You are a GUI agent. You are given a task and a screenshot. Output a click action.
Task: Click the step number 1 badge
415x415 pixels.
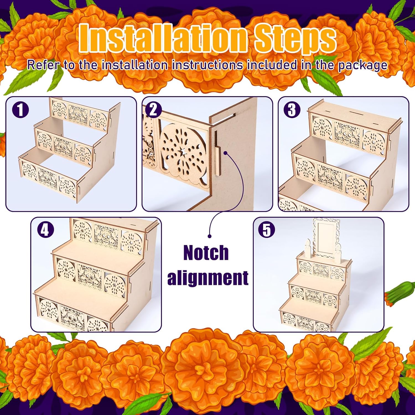20,110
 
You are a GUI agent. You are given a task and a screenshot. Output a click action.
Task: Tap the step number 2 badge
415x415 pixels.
153,110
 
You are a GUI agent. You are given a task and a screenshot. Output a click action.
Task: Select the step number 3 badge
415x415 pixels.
292,110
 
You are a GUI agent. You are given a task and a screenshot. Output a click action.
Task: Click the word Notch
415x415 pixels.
206,253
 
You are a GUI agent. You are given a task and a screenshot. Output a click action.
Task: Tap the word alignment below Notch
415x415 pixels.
208,277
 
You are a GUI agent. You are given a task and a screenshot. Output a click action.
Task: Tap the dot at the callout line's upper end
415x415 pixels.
226,153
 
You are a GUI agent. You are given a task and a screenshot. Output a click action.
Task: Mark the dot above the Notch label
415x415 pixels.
209,236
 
